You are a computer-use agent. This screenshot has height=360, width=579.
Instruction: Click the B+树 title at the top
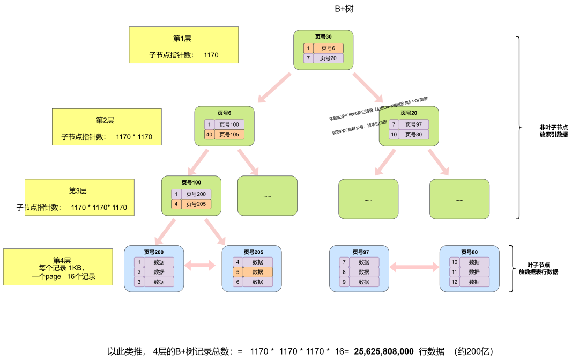click(x=344, y=9)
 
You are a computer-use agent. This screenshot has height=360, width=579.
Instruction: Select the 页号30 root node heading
click(x=323, y=37)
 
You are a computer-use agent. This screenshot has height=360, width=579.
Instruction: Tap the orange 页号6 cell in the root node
click(x=328, y=48)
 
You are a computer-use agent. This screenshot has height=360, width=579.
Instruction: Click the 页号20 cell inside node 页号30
click(x=328, y=58)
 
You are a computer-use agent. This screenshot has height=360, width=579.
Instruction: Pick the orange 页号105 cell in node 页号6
click(x=229, y=134)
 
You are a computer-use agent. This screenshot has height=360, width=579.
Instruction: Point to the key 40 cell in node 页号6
click(x=209, y=134)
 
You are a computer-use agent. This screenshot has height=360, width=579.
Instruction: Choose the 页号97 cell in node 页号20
click(x=413, y=124)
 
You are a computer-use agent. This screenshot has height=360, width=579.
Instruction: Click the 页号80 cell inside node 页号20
click(x=413, y=134)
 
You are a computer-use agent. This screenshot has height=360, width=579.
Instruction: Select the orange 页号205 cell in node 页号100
click(x=196, y=204)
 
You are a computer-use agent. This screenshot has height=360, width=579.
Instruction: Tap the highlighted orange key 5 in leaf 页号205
click(x=237, y=272)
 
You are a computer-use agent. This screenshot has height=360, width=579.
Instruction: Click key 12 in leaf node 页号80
click(x=454, y=282)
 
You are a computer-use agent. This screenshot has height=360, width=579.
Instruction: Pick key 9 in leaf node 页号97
click(x=344, y=282)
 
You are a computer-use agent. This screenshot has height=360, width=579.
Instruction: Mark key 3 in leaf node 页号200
click(x=139, y=282)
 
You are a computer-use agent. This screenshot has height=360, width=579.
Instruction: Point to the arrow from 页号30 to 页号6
click(x=274, y=87)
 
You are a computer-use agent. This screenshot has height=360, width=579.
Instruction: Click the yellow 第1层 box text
click(x=182, y=39)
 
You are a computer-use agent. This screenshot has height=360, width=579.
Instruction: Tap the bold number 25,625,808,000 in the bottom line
click(x=384, y=351)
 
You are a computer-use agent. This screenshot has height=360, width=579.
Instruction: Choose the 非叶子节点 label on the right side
click(x=554, y=128)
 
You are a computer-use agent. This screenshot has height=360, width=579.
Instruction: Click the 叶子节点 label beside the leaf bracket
click(x=538, y=265)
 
